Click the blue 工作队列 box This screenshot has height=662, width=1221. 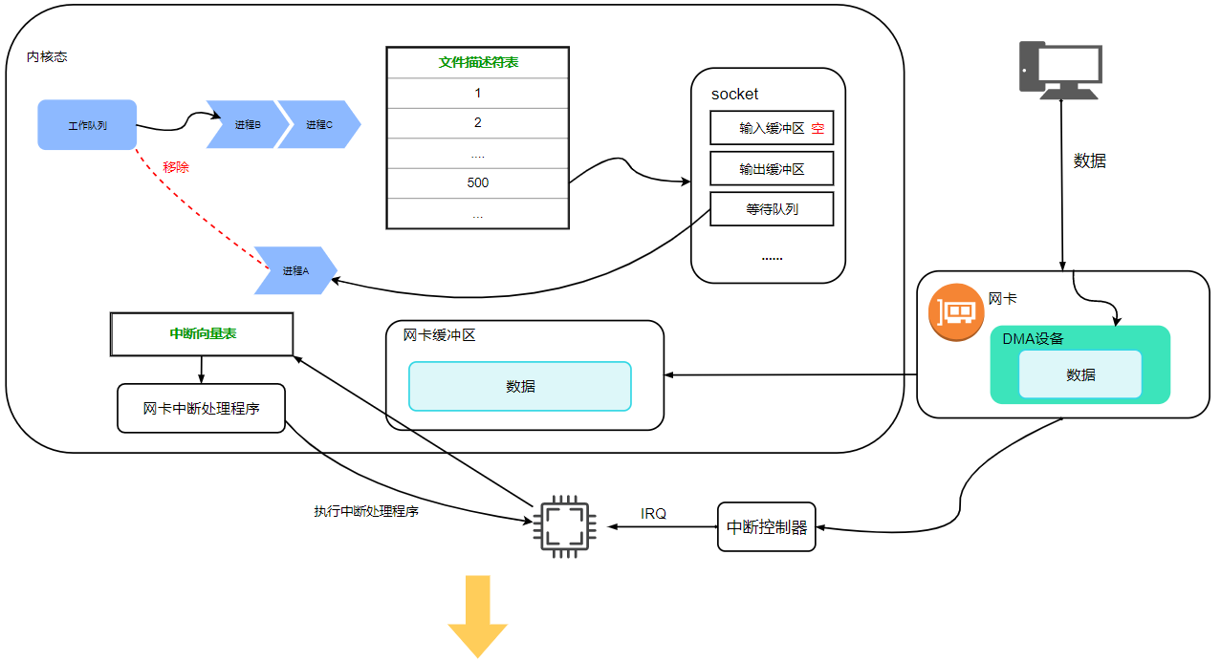click(x=87, y=125)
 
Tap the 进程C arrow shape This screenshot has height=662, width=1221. click(x=318, y=124)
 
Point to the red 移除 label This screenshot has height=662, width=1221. click(x=176, y=167)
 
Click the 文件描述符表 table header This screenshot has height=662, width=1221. click(x=478, y=62)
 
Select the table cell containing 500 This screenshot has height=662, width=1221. click(x=478, y=182)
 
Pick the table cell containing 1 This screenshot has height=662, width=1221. click(x=478, y=93)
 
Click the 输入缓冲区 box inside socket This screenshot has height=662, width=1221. click(x=772, y=127)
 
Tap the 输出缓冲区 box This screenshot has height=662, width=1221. click(x=772, y=168)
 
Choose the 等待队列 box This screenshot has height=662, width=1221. click(x=772, y=209)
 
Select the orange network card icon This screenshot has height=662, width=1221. click(x=956, y=312)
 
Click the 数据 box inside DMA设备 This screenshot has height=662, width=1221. click(x=1080, y=374)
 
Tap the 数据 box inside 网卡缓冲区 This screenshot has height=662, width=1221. click(x=520, y=386)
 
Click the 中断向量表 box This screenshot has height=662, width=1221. click(x=202, y=334)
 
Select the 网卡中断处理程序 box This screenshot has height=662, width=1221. click(x=201, y=408)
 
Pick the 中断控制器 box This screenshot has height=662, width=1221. click(x=767, y=526)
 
